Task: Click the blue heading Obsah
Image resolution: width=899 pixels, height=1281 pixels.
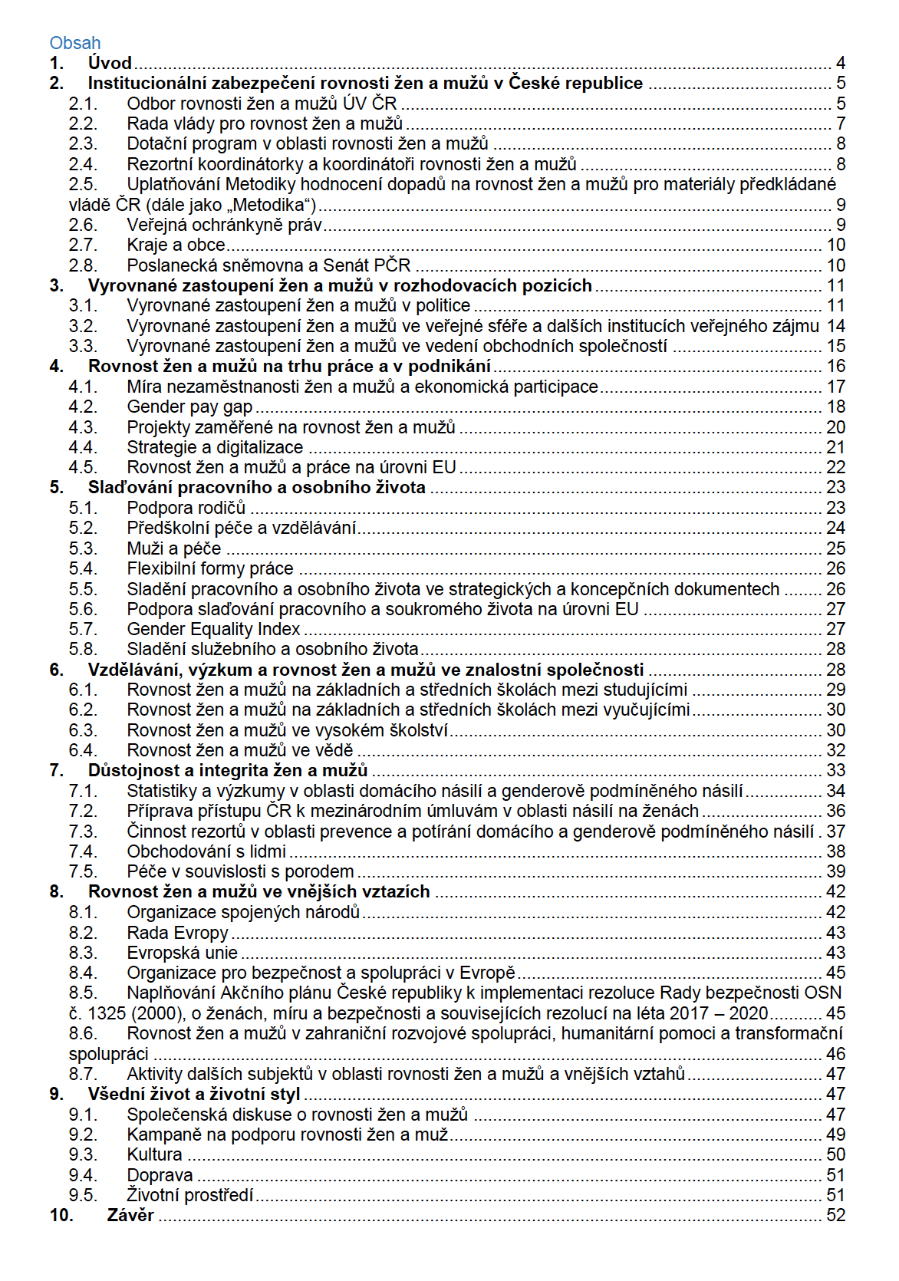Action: coord(75,43)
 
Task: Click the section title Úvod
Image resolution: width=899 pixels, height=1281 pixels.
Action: coord(110,63)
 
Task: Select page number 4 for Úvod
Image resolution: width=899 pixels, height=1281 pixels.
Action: coord(841,63)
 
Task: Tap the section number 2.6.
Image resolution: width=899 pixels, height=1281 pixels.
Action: coord(83,225)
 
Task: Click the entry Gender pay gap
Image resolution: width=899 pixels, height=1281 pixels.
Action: coord(189,407)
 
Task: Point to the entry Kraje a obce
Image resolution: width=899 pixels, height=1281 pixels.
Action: coord(176,245)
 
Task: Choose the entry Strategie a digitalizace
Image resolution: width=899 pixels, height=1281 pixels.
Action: coord(215,447)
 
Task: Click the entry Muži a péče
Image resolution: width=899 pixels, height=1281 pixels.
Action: coord(173,548)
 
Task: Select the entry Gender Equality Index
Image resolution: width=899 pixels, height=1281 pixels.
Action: coord(213,629)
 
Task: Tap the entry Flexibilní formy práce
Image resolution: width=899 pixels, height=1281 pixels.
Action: coord(210,568)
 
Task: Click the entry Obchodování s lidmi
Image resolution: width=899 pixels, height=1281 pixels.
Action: coord(206,851)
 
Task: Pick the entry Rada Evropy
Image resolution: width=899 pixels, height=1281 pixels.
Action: coord(177,933)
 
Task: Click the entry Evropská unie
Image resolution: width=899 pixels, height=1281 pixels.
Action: coord(182,953)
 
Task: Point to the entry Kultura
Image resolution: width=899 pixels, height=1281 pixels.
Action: coord(154,1154)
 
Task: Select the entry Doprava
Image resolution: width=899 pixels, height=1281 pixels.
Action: coord(160,1175)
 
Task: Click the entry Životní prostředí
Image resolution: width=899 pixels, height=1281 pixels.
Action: coord(189,1195)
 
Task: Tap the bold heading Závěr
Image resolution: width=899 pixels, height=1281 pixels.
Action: coord(130,1215)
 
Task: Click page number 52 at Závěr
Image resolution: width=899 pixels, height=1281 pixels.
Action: coord(835,1215)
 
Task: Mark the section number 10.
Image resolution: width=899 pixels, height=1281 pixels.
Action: coord(61,1215)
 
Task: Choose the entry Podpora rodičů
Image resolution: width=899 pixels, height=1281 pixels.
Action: coord(186,508)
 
